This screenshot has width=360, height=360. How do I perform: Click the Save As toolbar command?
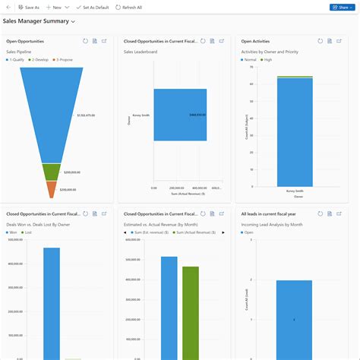(x=28, y=7)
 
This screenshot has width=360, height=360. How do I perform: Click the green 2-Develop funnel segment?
(x=51, y=172)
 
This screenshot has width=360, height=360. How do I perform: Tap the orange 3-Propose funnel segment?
(x=51, y=189)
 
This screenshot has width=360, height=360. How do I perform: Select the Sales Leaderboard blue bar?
(x=179, y=115)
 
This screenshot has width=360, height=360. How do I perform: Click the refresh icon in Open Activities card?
(x=321, y=41)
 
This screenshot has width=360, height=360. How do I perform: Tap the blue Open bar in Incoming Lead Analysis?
(x=293, y=319)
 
